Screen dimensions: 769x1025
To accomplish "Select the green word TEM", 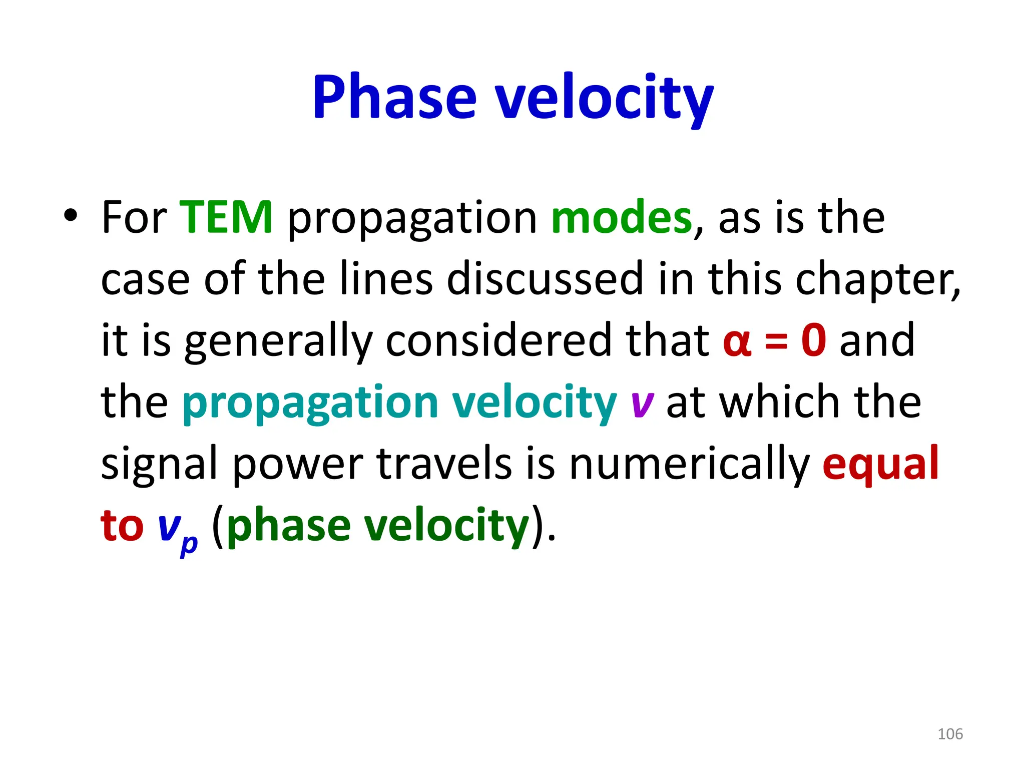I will [x=226, y=217].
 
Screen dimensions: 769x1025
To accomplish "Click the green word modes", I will [x=621, y=217].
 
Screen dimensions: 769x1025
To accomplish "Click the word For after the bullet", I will [x=134, y=217].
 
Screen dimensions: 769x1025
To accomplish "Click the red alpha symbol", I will [x=737, y=341].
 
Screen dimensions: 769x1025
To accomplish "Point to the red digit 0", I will [x=813, y=340].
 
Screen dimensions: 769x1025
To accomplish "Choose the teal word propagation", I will [x=310, y=404].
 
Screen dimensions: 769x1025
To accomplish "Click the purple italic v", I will [x=642, y=404].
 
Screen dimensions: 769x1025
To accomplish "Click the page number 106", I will [x=950, y=734].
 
